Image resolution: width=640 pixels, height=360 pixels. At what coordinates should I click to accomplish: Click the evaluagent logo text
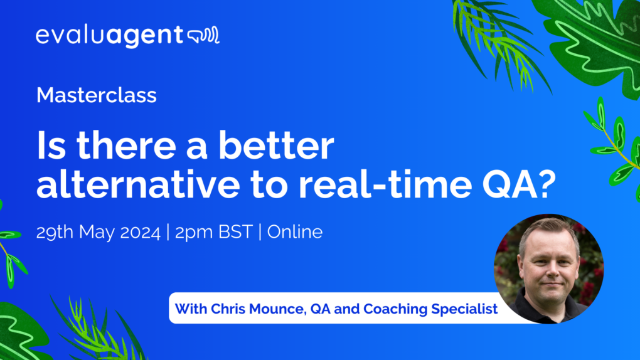[x=109, y=36]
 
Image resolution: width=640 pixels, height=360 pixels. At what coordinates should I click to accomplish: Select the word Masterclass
[x=96, y=95]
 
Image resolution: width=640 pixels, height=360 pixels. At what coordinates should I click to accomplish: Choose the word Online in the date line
[x=295, y=232]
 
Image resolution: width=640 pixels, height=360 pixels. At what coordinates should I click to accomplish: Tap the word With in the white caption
[x=189, y=309]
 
